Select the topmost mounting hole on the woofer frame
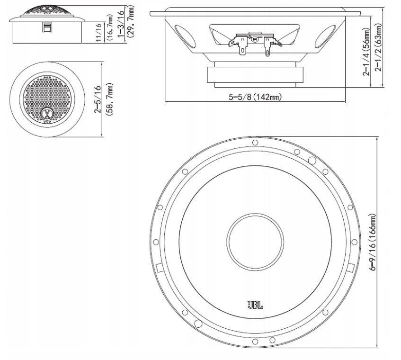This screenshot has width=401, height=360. (255, 142)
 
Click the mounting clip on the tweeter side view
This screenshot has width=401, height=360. (47, 28)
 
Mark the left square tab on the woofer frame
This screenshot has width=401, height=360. (159, 267)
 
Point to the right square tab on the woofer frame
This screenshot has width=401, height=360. (350, 267)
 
